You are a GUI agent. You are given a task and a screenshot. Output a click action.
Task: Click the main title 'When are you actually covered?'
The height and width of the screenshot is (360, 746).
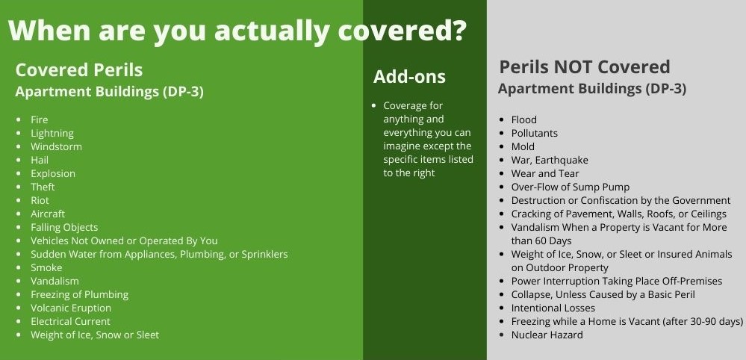pyautogui.click(x=238, y=31)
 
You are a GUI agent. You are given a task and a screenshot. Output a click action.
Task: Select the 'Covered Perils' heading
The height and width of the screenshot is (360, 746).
pyautogui.click(x=78, y=70)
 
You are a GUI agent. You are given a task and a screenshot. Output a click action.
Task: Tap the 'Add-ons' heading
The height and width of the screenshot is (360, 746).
pyautogui.click(x=409, y=76)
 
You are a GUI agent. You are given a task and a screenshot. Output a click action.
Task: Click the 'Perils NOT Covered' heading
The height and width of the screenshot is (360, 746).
pyautogui.click(x=584, y=67)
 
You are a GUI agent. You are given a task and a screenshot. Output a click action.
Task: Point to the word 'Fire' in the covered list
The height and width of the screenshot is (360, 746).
pyautogui.click(x=39, y=120)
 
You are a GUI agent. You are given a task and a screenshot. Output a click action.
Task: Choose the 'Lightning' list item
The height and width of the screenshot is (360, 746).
pyautogui.click(x=52, y=133)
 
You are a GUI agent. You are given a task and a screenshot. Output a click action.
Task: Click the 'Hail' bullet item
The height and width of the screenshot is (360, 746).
pyautogui.click(x=40, y=160)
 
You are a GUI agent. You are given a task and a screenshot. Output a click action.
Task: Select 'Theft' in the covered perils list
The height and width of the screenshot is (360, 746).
pyautogui.click(x=43, y=187)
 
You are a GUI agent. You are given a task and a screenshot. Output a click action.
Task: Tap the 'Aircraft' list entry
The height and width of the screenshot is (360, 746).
pyautogui.click(x=48, y=214)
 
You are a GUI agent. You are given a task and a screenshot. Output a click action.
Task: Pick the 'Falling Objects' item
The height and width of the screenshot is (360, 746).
pyautogui.click(x=64, y=227)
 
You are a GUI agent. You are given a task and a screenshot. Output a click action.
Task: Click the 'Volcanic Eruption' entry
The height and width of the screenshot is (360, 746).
pyautogui.click(x=70, y=308)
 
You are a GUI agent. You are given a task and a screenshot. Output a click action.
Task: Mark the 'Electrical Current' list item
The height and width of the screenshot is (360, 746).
pyautogui.click(x=70, y=321)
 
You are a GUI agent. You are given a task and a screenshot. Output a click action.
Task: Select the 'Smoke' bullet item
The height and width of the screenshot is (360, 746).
pyautogui.click(x=46, y=267)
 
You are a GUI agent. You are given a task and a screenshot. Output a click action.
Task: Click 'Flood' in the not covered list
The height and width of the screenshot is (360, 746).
pyautogui.click(x=523, y=120)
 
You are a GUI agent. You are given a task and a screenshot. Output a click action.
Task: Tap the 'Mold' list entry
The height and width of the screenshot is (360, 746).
pyautogui.click(x=523, y=146)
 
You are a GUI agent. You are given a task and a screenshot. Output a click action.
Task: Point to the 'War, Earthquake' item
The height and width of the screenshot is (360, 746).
pyautogui.click(x=550, y=160)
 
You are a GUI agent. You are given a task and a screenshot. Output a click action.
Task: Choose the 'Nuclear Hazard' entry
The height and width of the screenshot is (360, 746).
pyautogui.click(x=547, y=335)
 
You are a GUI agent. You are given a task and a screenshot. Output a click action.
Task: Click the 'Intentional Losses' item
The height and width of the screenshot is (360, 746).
pyautogui.click(x=553, y=308)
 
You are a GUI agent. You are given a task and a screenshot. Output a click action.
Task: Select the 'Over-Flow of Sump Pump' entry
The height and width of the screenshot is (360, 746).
pyautogui.click(x=570, y=187)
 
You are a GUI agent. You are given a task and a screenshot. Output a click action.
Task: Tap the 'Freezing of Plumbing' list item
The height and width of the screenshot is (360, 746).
pyautogui.click(x=79, y=294)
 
